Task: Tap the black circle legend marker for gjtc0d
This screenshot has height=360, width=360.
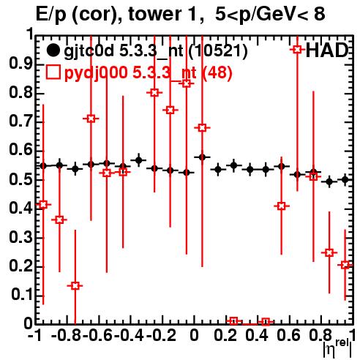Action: [53, 50]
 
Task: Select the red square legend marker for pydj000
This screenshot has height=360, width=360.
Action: [53, 72]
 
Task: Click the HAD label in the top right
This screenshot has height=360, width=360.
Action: [327, 50]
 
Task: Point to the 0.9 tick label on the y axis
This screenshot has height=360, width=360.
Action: [20, 64]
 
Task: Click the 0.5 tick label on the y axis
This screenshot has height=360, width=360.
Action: [20, 180]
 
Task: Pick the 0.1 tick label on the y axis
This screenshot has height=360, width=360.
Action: [21, 295]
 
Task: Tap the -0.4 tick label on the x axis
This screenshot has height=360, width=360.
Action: [129, 335]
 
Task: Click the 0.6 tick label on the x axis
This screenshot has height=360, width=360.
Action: [289, 335]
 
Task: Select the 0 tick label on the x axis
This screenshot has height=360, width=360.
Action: [194, 335]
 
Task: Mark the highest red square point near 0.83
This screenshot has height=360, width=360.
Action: [187, 83]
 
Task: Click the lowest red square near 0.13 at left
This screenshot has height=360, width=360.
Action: [75, 285]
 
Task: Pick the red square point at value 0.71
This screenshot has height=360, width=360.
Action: [91, 119]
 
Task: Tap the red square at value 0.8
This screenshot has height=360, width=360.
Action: [154, 93]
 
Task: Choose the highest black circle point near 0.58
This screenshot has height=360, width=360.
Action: [202, 157]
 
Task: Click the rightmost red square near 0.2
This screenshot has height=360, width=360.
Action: [345, 265]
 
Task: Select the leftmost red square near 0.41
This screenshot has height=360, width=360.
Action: [43, 204]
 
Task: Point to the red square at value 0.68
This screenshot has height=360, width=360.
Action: [202, 127]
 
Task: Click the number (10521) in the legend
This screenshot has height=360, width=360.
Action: [218, 51]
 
